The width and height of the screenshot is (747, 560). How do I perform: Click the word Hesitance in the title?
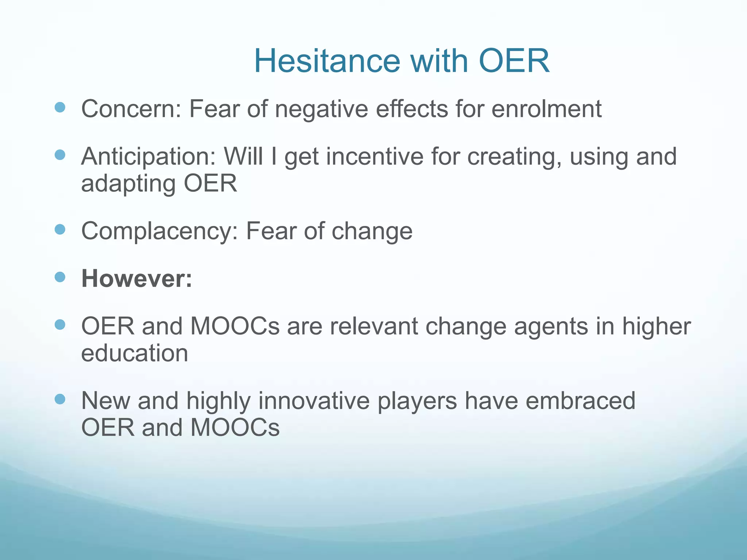click(327, 61)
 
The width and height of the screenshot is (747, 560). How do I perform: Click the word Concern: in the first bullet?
click(131, 109)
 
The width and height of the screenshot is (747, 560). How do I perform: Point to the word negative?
click(321, 109)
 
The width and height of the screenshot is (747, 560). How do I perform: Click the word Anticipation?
click(148, 156)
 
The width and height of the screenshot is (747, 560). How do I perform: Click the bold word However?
click(136, 279)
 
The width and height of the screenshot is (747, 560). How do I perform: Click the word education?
click(135, 353)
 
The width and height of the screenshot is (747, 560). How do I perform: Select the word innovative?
click(314, 401)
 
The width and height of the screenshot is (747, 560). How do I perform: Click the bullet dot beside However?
click(60, 277)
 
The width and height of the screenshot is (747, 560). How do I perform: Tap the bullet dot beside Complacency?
click(60, 229)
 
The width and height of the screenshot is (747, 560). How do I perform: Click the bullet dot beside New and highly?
click(60, 399)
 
